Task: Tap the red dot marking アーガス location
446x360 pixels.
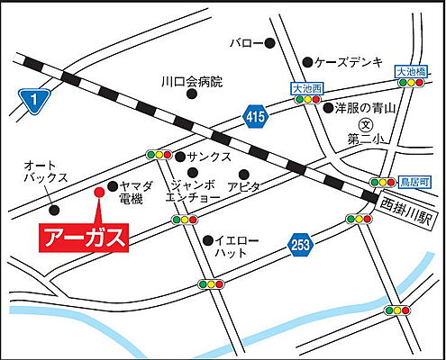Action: click(99, 191)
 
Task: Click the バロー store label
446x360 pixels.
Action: click(245, 42)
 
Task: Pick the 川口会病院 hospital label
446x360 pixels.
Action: click(192, 82)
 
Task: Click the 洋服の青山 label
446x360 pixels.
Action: click(367, 107)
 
